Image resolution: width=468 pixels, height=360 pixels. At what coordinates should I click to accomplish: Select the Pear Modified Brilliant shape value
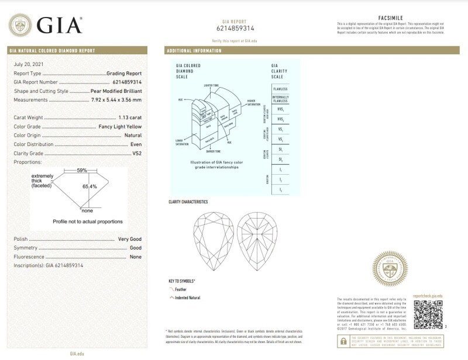click(x=116, y=91)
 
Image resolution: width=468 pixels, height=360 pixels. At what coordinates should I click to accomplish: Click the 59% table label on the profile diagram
click(x=82, y=170)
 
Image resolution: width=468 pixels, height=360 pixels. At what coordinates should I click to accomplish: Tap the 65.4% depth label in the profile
click(x=90, y=186)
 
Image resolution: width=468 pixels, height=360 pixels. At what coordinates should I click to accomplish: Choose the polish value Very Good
click(x=130, y=239)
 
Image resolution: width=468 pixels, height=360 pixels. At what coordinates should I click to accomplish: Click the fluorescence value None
click(x=136, y=257)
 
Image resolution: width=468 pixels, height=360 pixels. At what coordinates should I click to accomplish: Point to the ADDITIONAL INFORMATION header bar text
click(x=195, y=51)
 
